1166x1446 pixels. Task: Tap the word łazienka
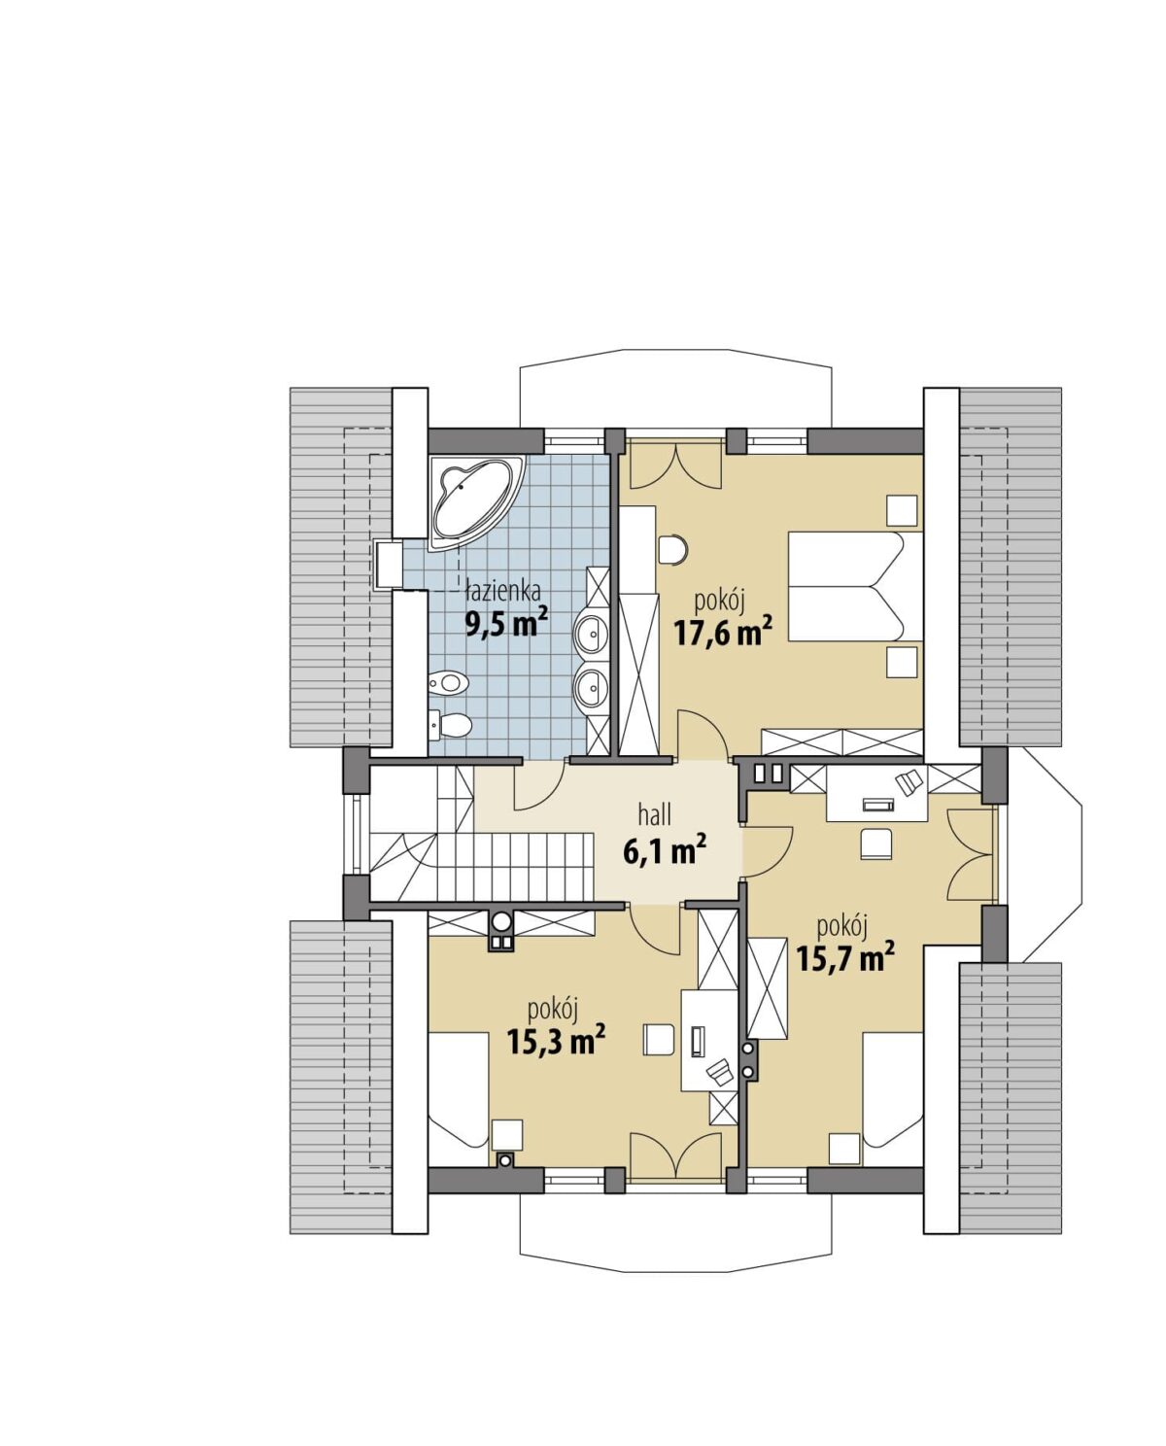503,591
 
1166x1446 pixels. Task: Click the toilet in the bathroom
451,724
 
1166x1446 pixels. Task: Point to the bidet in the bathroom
448,683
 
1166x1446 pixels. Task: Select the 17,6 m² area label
723,632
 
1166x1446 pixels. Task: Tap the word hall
655,815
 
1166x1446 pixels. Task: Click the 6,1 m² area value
665,851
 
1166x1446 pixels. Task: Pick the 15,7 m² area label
844,958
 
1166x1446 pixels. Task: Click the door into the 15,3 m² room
653,931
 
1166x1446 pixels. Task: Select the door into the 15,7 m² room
769,851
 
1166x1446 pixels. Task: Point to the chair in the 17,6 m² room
673,549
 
